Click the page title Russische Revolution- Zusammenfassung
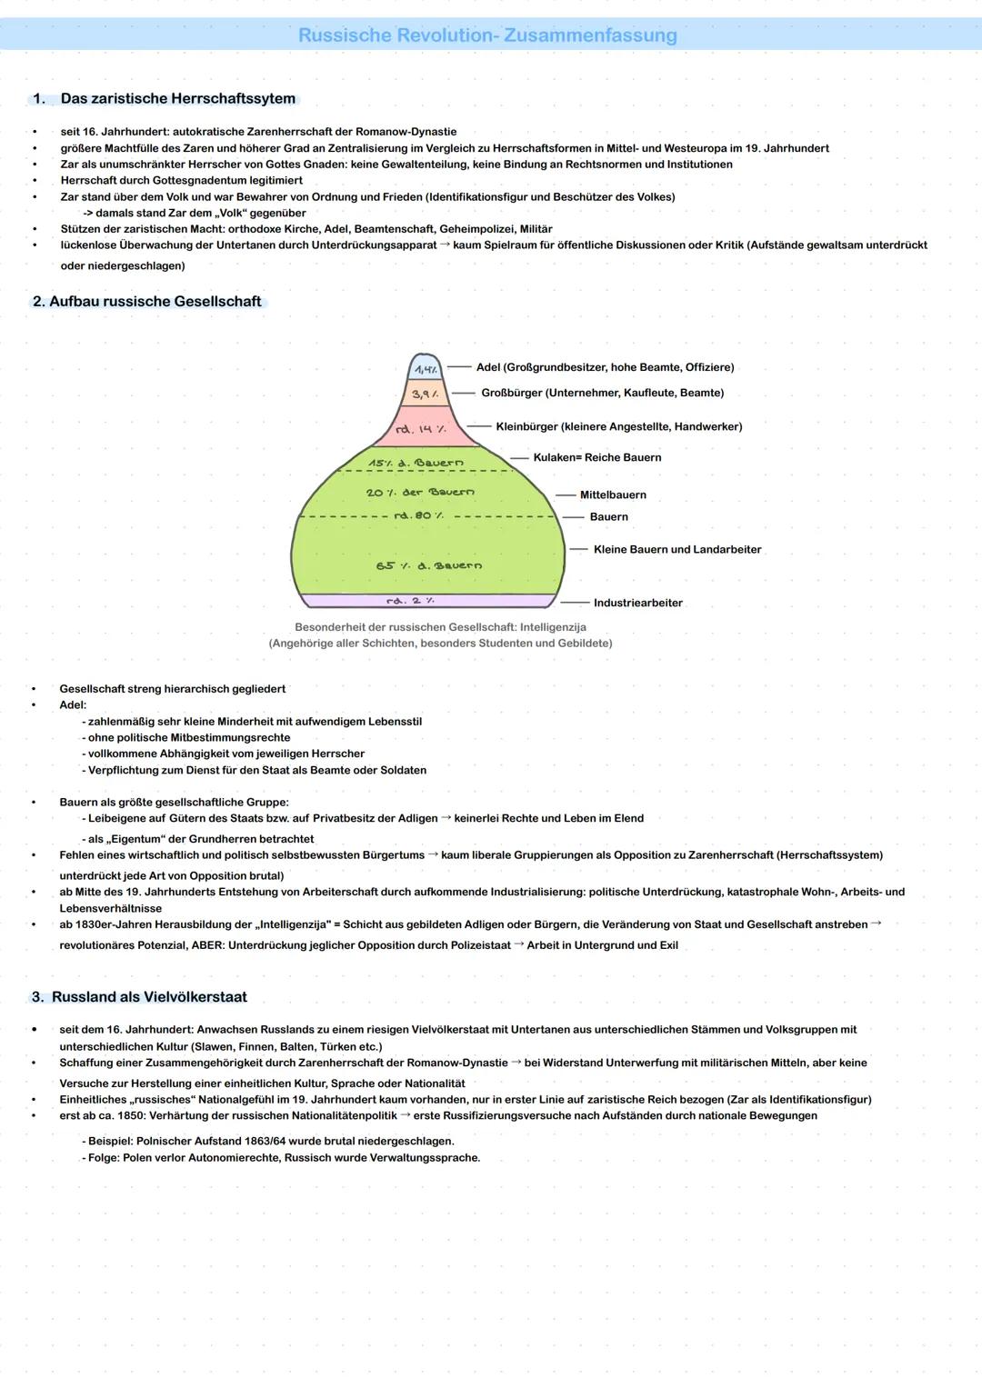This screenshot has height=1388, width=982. [487, 35]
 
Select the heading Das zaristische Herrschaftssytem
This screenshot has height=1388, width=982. [177, 98]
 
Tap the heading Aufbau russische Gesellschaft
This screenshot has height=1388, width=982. [155, 301]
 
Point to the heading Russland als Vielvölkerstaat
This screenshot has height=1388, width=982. [149, 997]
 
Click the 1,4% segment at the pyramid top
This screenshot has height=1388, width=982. [425, 368]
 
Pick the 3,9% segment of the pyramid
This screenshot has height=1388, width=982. [425, 394]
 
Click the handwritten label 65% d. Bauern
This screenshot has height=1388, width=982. [428, 565]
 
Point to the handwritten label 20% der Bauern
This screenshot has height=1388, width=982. [420, 492]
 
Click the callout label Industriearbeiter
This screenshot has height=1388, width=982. [637, 603]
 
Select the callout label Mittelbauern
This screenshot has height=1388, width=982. [613, 494]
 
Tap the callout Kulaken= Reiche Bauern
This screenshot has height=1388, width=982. [596, 457]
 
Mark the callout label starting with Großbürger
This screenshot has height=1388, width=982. [602, 393]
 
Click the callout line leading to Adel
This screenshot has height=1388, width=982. [459, 367]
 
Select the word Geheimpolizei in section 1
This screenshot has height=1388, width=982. [476, 229]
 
